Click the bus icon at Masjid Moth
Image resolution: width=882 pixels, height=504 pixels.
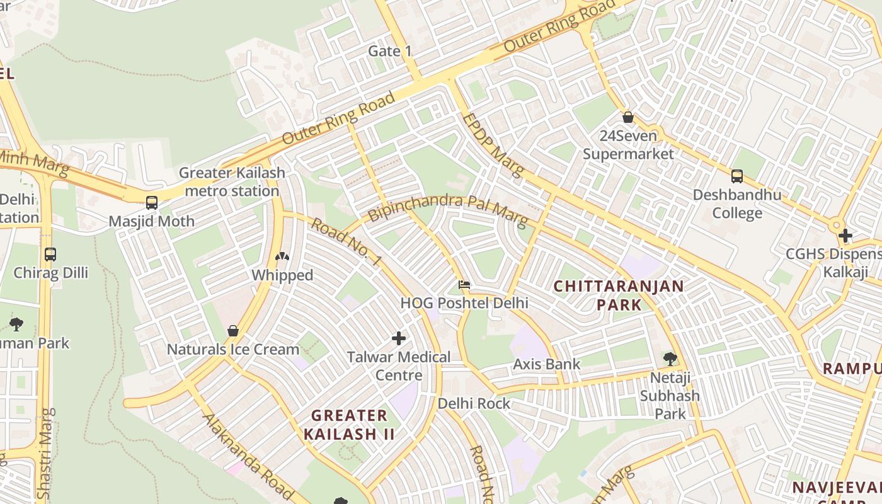[x=152, y=203]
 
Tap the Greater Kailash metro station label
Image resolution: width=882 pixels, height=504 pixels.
[x=232, y=181]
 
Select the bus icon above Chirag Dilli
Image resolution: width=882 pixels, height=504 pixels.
[x=50, y=255]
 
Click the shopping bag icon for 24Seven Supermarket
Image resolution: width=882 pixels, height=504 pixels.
[x=627, y=117]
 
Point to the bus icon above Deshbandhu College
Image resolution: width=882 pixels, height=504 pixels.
[x=736, y=176]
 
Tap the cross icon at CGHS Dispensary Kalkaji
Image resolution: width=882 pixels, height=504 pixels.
[x=845, y=236]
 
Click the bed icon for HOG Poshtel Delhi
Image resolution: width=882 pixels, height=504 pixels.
[x=464, y=285]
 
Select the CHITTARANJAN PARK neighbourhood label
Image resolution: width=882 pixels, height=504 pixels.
[x=618, y=295]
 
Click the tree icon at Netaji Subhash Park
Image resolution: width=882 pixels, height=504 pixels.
[x=670, y=359]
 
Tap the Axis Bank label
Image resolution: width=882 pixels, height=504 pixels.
[x=546, y=364]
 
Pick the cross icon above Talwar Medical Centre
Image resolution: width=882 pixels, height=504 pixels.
[x=398, y=338]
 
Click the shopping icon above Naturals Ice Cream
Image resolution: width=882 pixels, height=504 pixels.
[x=232, y=331]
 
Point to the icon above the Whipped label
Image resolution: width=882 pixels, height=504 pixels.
[x=282, y=257]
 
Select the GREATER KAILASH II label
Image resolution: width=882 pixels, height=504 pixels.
[x=350, y=425]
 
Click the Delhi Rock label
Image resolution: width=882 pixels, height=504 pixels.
[x=474, y=403]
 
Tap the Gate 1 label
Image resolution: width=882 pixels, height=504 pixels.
[x=390, y=51]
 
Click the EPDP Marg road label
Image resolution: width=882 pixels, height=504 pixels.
[x=493, y=146]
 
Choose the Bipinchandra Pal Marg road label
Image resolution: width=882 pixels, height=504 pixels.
[x=447, y=209]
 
